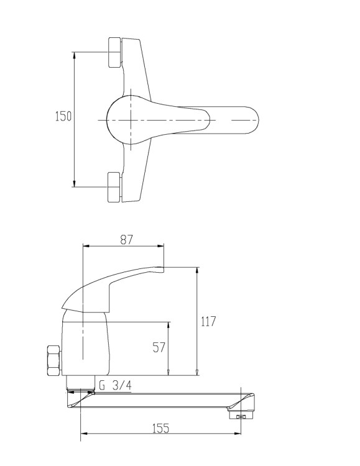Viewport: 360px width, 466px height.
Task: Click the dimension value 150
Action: click(x=63, y=117)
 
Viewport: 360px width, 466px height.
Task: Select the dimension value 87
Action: click(x=127, y=239)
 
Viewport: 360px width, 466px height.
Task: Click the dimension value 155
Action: click(x=160, y=429)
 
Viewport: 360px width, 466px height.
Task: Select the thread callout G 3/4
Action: click(x=115, y=386)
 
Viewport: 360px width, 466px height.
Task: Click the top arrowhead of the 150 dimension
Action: click(x=75, y=54)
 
